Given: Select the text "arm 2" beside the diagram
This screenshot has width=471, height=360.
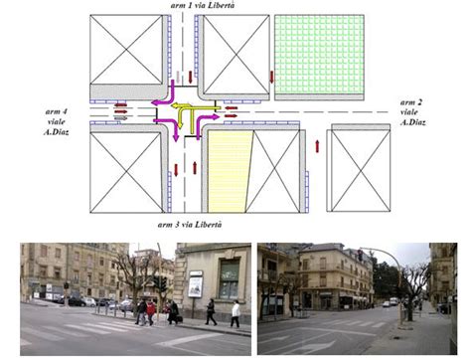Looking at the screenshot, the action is click(x=411, y=102).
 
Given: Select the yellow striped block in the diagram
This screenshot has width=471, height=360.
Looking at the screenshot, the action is click(x=231, y=174).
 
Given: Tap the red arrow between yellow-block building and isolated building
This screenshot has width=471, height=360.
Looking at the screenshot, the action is click(x=317, y=146).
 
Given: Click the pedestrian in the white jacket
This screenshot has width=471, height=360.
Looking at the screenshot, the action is click(x=235, y=314).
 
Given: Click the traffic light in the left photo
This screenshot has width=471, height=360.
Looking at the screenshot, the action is click(x=161, y=283).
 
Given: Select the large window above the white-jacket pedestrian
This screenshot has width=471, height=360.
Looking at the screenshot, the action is click(x=230, y=276).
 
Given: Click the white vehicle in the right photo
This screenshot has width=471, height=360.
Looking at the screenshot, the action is click(x=393, y=301).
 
